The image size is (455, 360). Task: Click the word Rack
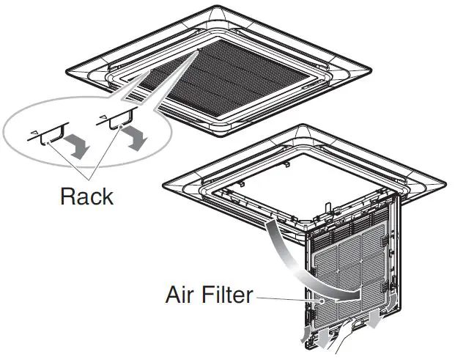click(87, 196)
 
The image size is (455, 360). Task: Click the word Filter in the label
click(226, 295)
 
